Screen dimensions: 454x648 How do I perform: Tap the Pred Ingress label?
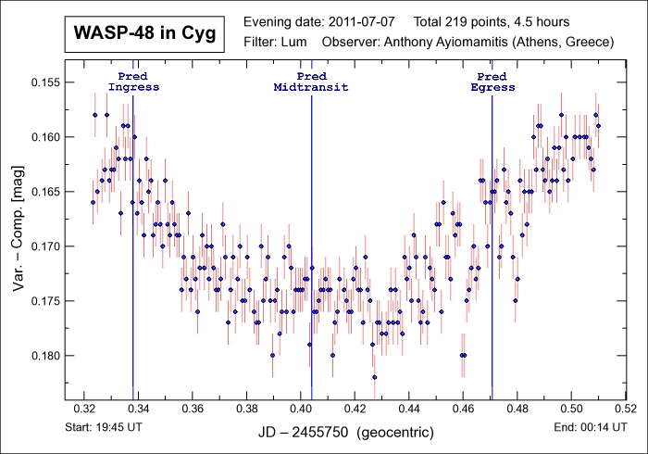click(x=133, y=82)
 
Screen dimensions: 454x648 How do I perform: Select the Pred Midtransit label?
click(x=311, y=82)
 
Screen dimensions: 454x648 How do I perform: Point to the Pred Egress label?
click(x=492, y=82)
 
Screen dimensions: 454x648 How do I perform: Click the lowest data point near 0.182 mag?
click(x=375, y=377)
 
